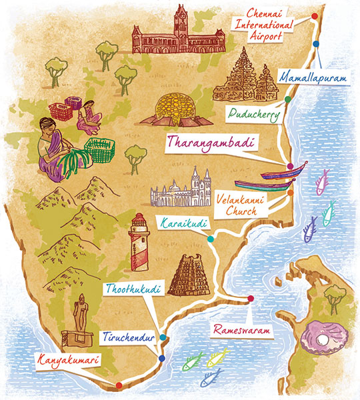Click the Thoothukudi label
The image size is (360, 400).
click(132, 290)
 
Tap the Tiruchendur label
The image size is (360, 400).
click(129, 337)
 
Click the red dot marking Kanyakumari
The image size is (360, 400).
click(119, 385)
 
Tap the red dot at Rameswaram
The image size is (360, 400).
click(250, 299)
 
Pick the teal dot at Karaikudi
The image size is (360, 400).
click(211, 239)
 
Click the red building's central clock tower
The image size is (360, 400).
click(181, 23)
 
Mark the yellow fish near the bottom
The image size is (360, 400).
click(217, 358)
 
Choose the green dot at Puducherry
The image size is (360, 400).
click(287, 99)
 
